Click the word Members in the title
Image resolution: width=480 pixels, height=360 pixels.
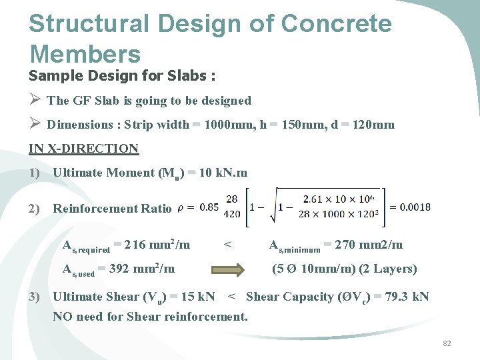pos(85,53)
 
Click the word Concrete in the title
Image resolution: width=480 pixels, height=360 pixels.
pos(337,24)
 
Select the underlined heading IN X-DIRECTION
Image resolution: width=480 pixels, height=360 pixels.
pos(83,149)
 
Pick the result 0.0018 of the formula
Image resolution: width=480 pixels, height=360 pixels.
pos(410,207)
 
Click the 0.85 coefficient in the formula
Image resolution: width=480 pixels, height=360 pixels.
pos(209,207)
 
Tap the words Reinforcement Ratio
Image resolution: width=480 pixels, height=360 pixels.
pos(111,209)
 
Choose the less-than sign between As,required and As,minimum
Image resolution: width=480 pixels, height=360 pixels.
pos(228,245)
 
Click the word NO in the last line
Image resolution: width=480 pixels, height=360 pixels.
pos(62,316)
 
